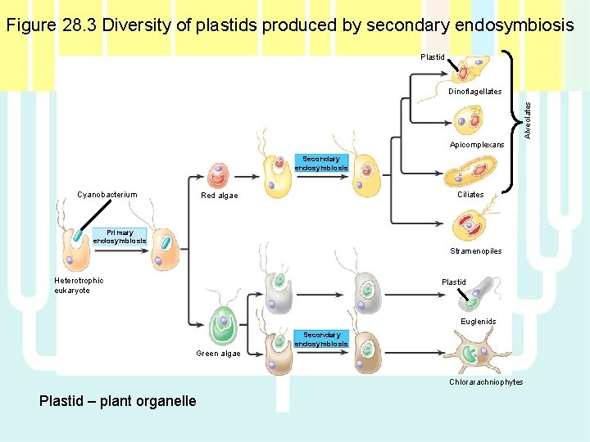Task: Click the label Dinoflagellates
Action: coord(474,92)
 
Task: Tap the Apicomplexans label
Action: coord(477,144)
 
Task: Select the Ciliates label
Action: coord(470,195)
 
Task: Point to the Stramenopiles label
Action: coord(475,251)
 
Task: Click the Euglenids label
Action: coord(478,322)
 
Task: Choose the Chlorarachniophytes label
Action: coord(486,382)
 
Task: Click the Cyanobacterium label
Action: coord(107,195)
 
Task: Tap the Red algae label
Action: coord(220,196)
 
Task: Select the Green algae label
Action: coord(218,354)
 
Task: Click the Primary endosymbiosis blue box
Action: coord(120,237)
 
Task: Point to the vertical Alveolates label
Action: coord(529,119)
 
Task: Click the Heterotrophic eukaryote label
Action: coord(79,286)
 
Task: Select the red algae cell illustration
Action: coord(218,175)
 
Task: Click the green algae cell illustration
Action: coord(221,325)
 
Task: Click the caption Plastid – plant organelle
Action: coord(117,401)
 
